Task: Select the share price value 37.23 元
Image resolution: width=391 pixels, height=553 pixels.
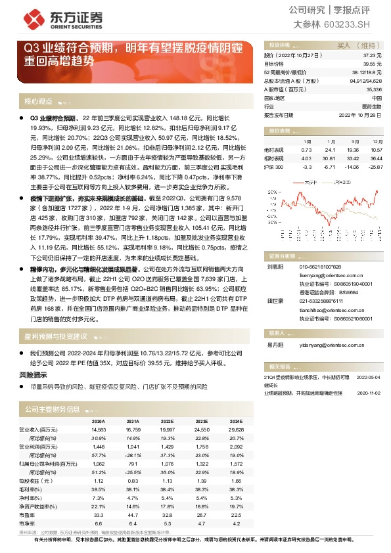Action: [x=371, y=56]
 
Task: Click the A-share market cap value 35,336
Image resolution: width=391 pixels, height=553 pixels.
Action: [x=373, y=89]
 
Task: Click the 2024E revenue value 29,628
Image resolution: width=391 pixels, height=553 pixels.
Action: [x=235, y=430]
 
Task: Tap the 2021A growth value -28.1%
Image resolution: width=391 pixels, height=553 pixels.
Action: [x=133, y=454]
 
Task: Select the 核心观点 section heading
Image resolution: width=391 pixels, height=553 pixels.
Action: [x=38, y=101]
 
